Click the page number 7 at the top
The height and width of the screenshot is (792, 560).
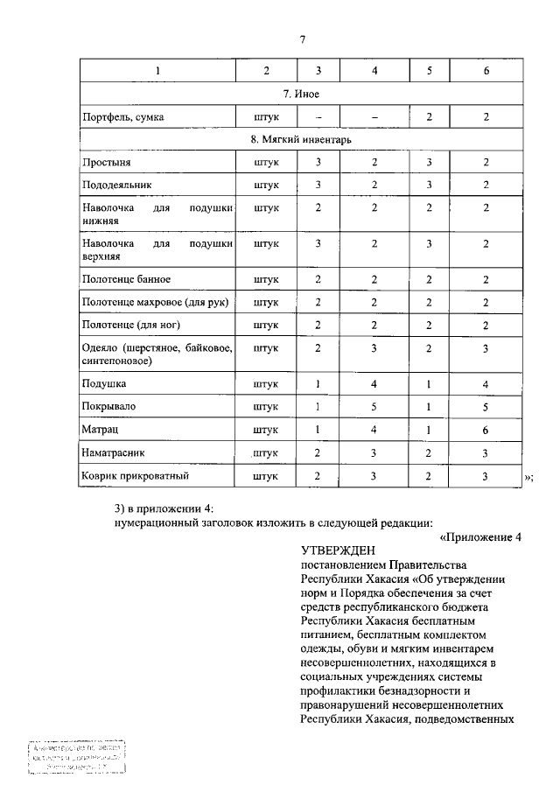[x=302, y=39]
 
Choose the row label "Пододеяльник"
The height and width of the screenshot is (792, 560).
[x=116, y=186]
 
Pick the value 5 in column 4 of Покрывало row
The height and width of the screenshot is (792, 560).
[x=374, y=406]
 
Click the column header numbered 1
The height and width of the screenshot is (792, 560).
[x=157, y=69]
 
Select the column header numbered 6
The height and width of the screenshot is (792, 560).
[x=486, y=69]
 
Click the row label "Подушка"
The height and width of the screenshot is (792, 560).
[x=103, y=383]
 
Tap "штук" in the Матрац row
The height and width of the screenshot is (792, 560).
[x=265, y=430]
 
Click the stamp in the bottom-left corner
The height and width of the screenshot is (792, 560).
[x=75, y=757]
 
